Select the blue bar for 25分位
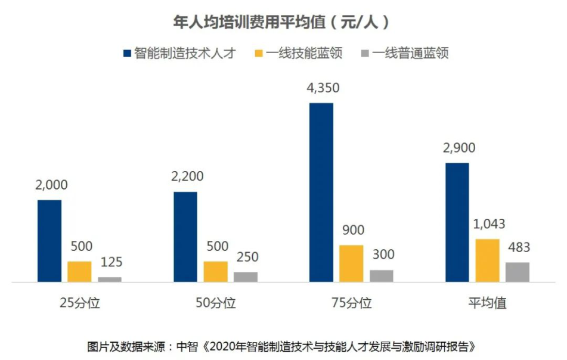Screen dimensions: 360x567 click(49, 240)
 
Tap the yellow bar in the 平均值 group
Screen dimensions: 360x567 click(488, 260)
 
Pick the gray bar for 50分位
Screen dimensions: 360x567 click(246, 276)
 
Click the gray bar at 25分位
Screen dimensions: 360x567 click(110, 279)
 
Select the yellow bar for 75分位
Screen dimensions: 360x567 click(351, 263)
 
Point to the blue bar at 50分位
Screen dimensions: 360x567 click(185, 237)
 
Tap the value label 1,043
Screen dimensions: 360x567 click(488, 225)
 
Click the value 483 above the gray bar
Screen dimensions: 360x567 click(518, 247)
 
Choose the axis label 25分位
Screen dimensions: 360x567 click(80, 303)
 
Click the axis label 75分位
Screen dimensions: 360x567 click(352, 303)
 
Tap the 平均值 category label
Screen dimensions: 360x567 click(488, 303)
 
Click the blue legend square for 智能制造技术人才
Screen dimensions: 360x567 click(126, 54)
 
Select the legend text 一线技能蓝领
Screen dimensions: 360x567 click(304, 54)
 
